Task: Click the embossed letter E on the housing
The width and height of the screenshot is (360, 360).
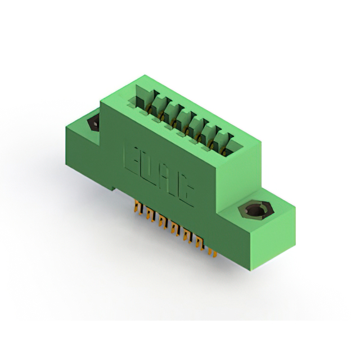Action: pos(131,159)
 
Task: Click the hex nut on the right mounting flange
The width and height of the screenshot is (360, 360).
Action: pos(256,210)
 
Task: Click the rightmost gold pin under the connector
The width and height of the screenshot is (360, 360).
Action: pos(213,252)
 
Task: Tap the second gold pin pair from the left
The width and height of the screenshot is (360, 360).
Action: pos(150,215)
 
